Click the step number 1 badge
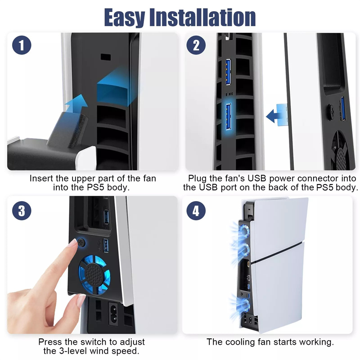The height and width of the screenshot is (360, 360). (22, 45)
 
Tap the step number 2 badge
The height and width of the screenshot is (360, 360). (196, 45)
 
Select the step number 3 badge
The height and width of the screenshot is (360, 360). (22, 211)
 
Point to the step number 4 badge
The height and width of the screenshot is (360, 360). (196, 211)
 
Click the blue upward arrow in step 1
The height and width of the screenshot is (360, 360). (76, 104)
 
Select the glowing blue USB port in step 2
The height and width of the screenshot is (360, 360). (228, 117)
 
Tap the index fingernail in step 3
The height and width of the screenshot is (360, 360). (73, 243)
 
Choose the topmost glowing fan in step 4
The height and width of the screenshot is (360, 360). (245, 231)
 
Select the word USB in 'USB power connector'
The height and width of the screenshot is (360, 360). (256, 178)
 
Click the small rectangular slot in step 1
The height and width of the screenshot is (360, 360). (106, 57)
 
